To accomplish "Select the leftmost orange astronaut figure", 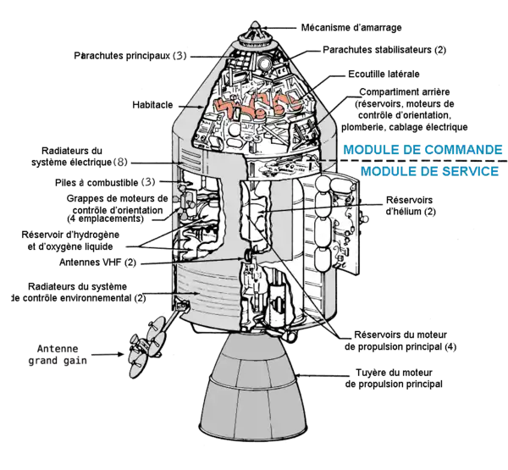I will [x=228, y=107].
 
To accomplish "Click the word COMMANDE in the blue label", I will [x=462, y=151].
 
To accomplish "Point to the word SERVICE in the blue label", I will [x=469, y=170].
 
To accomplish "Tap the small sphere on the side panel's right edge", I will [x=365, y=218].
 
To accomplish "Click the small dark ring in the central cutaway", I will [x=250, y=257].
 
